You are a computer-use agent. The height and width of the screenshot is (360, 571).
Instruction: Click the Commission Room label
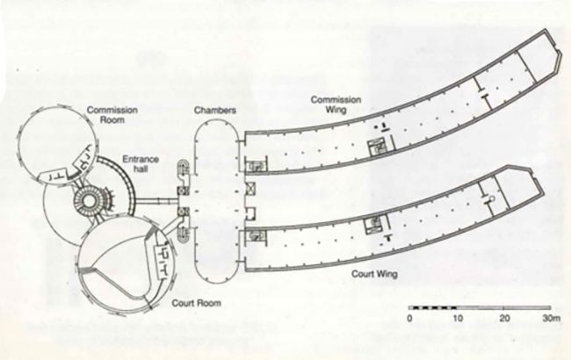[x=107, y=115]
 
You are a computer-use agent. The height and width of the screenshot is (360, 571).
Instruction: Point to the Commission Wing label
[x=338, y=105]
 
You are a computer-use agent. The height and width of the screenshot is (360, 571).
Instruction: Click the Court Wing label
[x=376, y=275]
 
